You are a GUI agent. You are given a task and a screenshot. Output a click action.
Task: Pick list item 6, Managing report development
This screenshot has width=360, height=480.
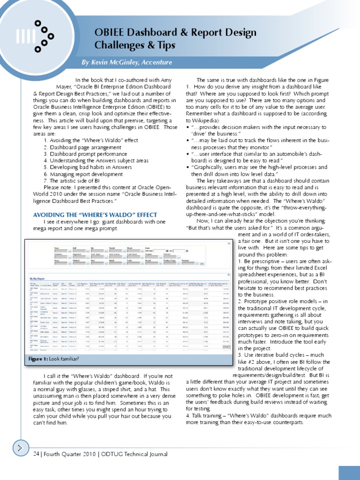click(84, 173)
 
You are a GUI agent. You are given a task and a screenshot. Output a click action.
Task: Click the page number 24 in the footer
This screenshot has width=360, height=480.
click(37, 454)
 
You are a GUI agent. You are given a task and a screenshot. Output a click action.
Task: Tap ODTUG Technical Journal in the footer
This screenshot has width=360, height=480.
click(135, 454)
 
